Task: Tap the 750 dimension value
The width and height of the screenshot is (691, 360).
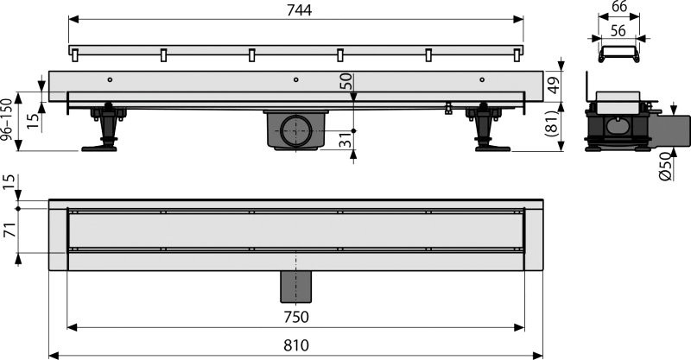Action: [x=296, y=317]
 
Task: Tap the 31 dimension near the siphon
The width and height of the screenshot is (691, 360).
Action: [x=345, y=140]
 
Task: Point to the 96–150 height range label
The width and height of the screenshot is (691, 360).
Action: [x=9, y=119]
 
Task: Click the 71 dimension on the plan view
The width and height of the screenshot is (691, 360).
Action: [x=9, y=229]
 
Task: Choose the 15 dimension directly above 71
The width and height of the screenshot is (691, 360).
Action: [x=9, y=183]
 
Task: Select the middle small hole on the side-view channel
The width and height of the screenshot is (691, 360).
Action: [x=295, y=79]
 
